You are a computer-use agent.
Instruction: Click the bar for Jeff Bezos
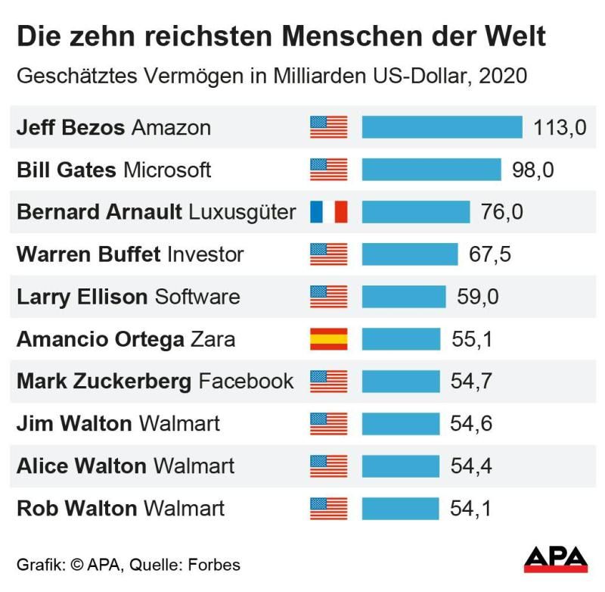click(x=442, y=127)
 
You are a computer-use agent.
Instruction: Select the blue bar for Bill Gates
click(x=431, y=170)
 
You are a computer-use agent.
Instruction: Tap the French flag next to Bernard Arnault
click(x=329, y=212)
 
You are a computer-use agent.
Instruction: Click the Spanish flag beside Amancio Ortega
click(x=329, y=338)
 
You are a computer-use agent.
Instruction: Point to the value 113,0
click(x=560, y=127)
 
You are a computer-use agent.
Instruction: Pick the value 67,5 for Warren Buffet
click(x=490, y=254)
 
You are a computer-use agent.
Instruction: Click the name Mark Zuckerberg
click(x=104, y=381)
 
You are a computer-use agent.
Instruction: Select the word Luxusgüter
click(x=242, y=212)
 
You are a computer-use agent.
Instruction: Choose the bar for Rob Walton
click(x=400, y=508)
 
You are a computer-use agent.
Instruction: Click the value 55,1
click(x=472, y=338)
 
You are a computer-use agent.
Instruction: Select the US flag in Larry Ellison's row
click(x=329, y=296)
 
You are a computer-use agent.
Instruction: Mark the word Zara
click(x=213, y=338)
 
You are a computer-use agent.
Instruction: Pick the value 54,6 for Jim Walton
click(x=471, y=423)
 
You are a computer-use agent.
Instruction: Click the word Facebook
click(x=247, y=381)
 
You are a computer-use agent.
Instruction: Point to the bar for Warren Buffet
click(x=409, y=254)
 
